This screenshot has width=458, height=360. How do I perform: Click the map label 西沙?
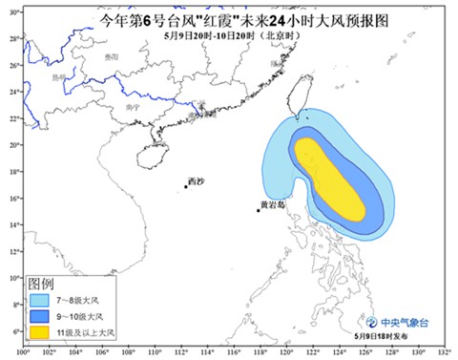(196, 180)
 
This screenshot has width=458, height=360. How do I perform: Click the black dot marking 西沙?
(186, 186)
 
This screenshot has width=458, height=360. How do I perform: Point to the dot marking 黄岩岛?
(259, 209)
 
